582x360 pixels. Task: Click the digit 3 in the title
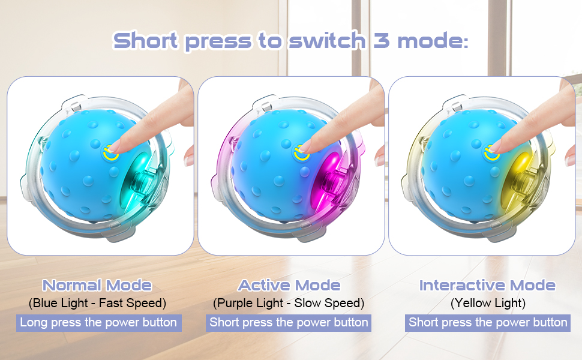click(381, 40)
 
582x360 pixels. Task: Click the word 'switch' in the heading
click(327, 40)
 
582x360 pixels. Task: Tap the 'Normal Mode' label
click(97, 286)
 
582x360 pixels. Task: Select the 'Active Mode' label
click(289, 286)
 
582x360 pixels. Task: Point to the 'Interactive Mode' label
click(487, 286)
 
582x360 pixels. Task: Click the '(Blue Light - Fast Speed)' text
click(97, 303)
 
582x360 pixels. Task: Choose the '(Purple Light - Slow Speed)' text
click(289, 303)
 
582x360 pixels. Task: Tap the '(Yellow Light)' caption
click(488, 303)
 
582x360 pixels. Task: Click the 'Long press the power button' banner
click(99, 323)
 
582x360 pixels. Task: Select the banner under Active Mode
click(289, 323)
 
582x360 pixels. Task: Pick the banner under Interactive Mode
click(488, 323)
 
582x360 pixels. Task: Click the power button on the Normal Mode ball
click(110, 152)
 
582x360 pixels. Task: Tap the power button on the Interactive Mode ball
click(492, 152)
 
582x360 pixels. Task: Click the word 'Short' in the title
click(145, 40)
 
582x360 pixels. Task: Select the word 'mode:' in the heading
click(433, 40)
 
